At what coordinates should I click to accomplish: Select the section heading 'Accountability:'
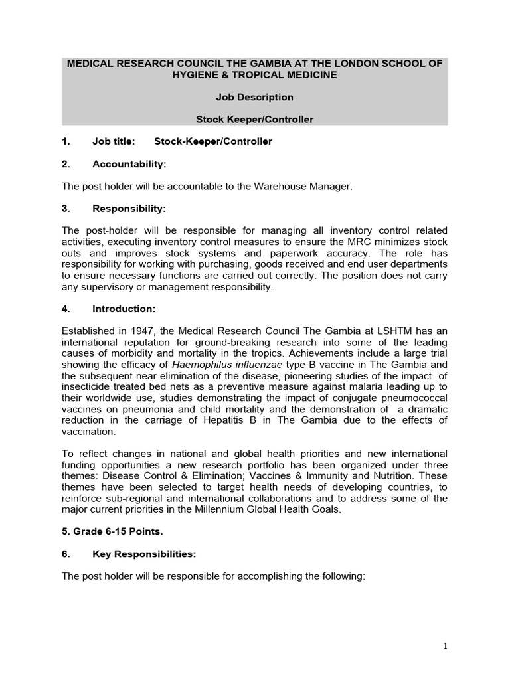point(129,164)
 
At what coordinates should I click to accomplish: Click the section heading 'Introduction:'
point(124,309)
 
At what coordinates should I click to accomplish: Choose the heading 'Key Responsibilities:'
point(144,554)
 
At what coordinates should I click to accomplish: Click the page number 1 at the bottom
point(445,646)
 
